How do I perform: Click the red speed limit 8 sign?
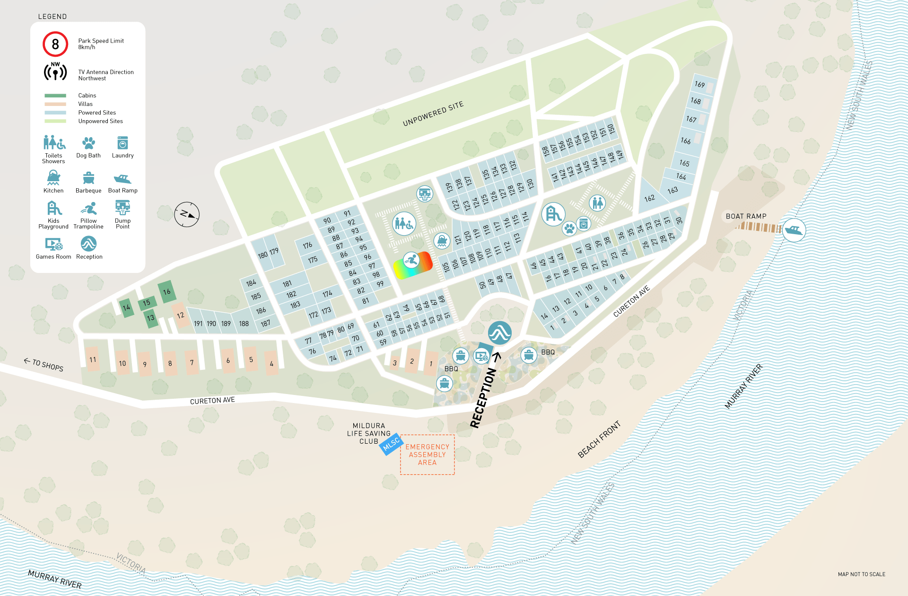click(55, 44)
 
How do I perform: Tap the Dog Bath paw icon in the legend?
click(88, 143)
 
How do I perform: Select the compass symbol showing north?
click(187, 214)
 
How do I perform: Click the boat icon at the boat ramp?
click(794, 230)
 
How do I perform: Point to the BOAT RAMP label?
click(746, 216)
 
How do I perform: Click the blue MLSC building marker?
click(391, 445)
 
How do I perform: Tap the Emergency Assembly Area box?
click(427, 455)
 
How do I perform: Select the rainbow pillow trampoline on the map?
click(413, 265)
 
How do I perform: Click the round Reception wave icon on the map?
click(499, 333)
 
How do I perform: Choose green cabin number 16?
click(166, 292)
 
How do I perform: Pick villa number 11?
click(93, 360)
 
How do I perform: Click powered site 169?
click(700, 85)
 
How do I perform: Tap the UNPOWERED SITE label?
click(433, 114)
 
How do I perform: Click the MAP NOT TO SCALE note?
click(861, 574)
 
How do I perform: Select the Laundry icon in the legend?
click(122, 143)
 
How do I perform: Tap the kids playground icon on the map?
click(553, 214)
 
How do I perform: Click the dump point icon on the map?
click(424, 193)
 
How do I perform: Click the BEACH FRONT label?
click(599, 440)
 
